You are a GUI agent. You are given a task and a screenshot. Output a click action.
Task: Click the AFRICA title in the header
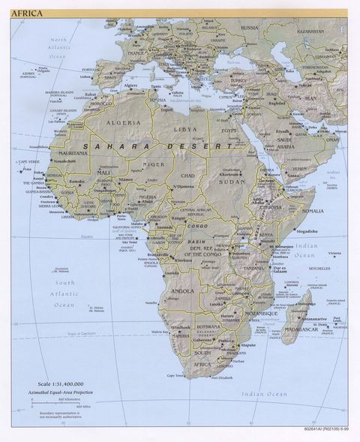tap(27, 12)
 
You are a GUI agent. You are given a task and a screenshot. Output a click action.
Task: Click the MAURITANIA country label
tap(70, 153)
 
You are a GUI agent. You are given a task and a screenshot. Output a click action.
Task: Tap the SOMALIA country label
tap(312, 211)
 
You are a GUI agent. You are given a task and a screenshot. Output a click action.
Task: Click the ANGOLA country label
tap(182, 290)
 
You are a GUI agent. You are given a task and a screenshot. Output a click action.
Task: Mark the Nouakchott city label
tap(64, 161)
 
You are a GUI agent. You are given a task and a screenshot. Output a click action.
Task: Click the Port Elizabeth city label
tap(221, 377)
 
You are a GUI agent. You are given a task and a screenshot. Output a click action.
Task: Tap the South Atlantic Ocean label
tap(64, 294)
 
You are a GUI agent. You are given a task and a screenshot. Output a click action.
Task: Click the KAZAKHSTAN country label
tap(313, 32)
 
